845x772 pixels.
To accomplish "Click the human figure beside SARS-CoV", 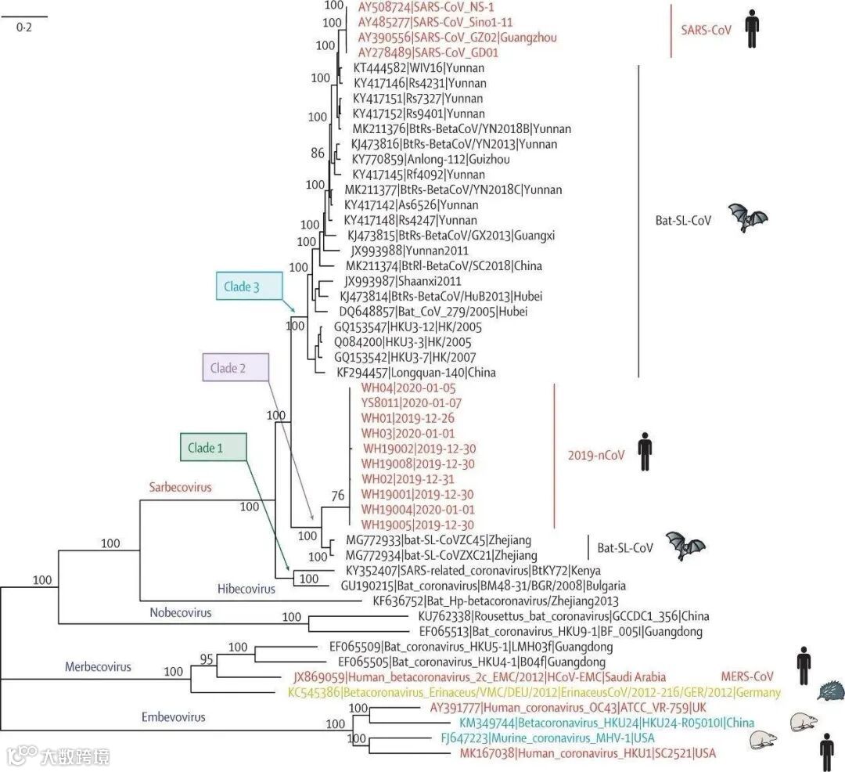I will point(752,31).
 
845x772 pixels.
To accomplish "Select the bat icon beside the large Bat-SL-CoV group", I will point(748,218).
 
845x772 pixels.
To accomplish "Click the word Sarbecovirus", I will point(180,486).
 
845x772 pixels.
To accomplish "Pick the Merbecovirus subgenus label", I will point(98,667).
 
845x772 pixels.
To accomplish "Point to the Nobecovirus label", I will point(180,612).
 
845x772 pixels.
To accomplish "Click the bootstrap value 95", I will point(207,658).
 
